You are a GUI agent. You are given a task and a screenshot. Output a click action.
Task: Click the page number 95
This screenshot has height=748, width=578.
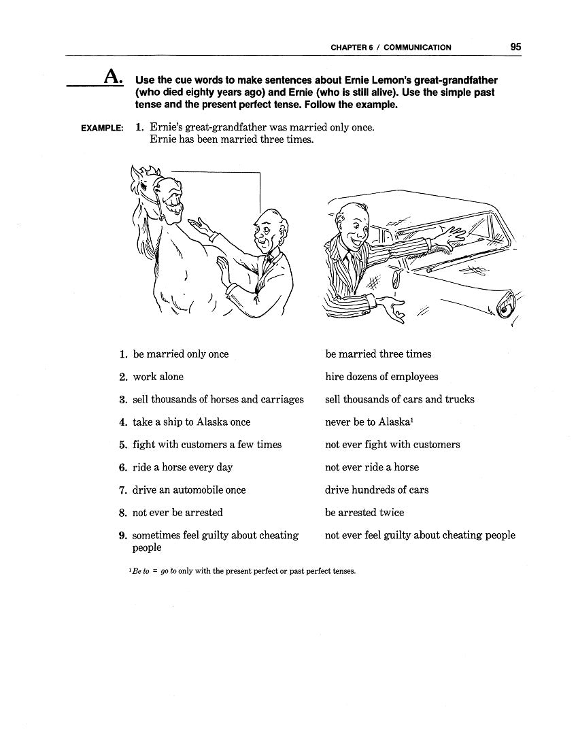tap(515, 47)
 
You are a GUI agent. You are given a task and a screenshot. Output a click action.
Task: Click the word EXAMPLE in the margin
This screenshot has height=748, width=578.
tap(102, 128)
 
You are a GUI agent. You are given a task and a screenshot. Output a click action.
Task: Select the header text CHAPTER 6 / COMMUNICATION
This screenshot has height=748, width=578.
tap(390, 48)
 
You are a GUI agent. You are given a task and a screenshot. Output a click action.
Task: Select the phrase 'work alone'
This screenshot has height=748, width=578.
tap(158, 377)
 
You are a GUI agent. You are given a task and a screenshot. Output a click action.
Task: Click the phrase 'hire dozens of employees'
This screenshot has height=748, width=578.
tap(381, 377)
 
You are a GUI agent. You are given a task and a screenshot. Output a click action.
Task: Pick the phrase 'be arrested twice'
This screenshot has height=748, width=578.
tap(364, 513)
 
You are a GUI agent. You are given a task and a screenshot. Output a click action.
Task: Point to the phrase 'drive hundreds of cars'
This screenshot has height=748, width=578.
tap(377, 490)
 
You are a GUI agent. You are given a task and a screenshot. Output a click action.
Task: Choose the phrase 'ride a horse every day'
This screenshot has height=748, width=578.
tap(182, 467)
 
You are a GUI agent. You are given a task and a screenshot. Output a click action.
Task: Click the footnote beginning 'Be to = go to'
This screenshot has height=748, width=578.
tap(237, 571)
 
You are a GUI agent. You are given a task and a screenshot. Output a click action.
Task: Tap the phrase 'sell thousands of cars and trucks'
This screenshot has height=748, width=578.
tap(400, 399)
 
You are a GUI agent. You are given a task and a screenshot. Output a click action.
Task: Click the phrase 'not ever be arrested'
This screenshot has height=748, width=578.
tap(177, 513)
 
